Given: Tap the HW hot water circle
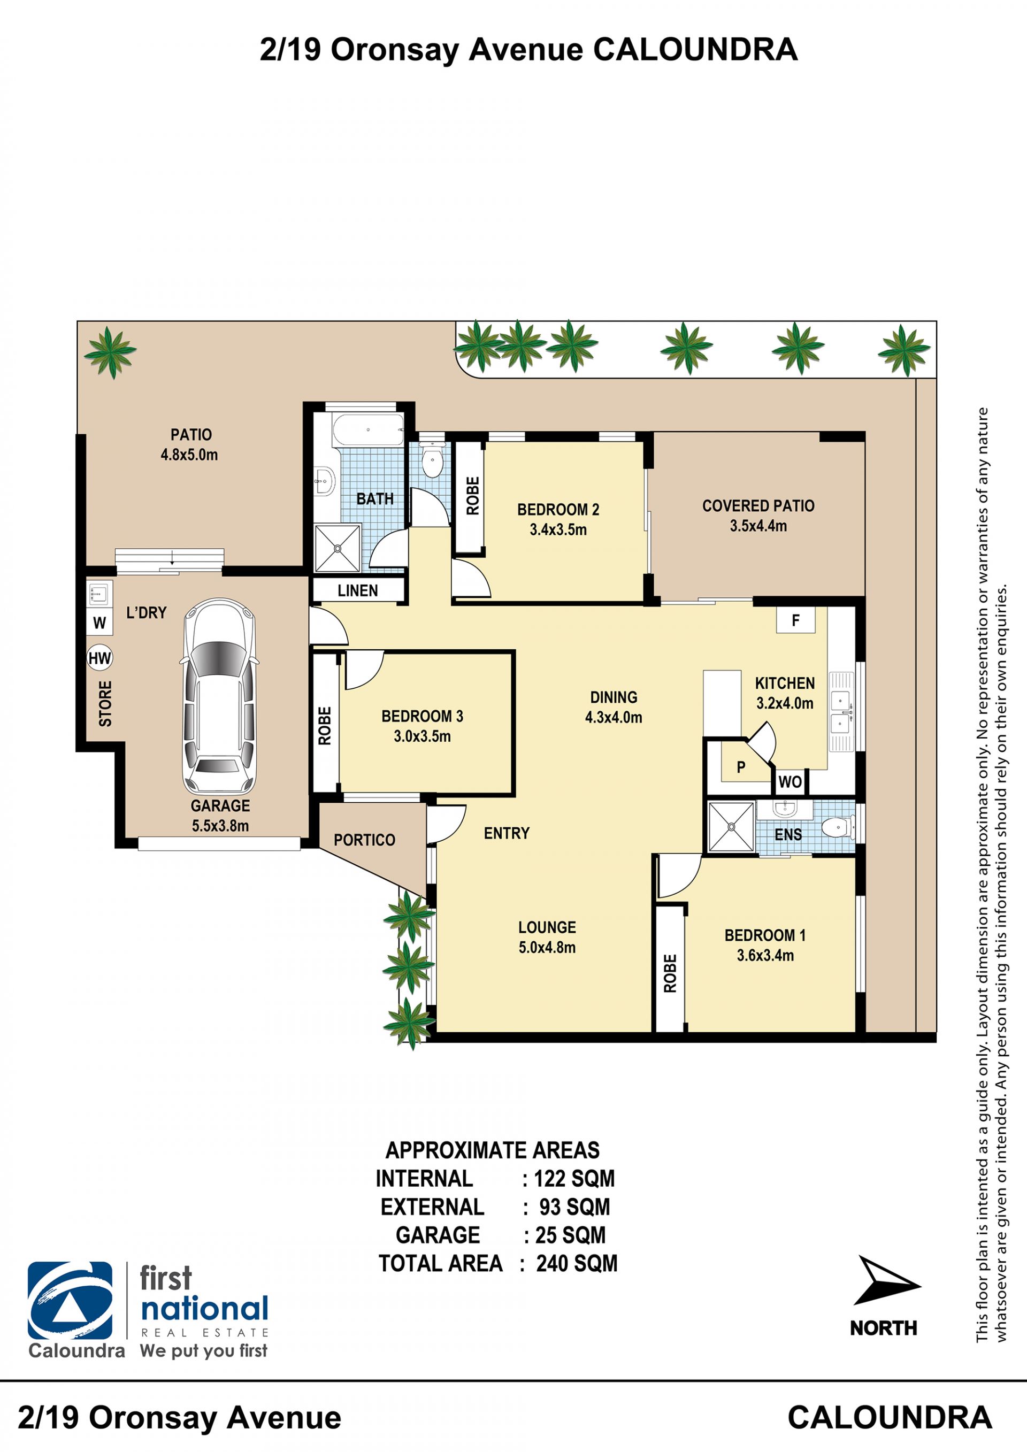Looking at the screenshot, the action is point(99,658).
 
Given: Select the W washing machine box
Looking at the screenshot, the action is point(99,623).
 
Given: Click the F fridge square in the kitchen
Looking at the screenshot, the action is point(795,620).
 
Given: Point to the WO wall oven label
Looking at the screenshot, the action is point(790,782).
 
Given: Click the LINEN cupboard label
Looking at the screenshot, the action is point(358,590).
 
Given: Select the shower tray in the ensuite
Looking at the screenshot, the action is point(731,826).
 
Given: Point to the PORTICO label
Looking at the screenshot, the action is point(364,840).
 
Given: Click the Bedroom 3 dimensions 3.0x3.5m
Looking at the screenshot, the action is point(422,736).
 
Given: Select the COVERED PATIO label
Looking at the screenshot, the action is point(758,506).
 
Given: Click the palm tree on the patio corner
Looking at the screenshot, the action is point(111,352).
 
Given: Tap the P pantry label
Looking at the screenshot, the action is point(741,767).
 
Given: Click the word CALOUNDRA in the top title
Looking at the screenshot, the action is point(695,50).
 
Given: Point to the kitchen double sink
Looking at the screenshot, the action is point(841,711).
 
